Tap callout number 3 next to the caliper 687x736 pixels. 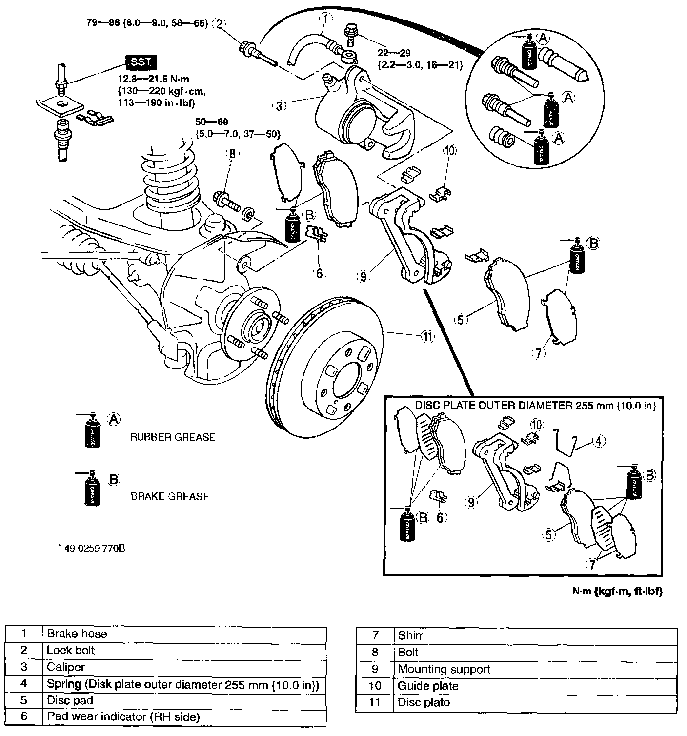tap(279, 105)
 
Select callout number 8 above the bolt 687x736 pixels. tap(233, 154)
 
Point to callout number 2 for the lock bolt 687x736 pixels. tap(220, 23)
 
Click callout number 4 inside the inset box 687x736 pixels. tap(599, 441)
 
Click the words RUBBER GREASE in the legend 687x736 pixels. tap(172, 437)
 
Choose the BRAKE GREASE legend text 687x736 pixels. tap(170, 496)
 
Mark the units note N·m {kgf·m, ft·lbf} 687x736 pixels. tap(618, 591)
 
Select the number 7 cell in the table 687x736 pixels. tap(375, 635)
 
